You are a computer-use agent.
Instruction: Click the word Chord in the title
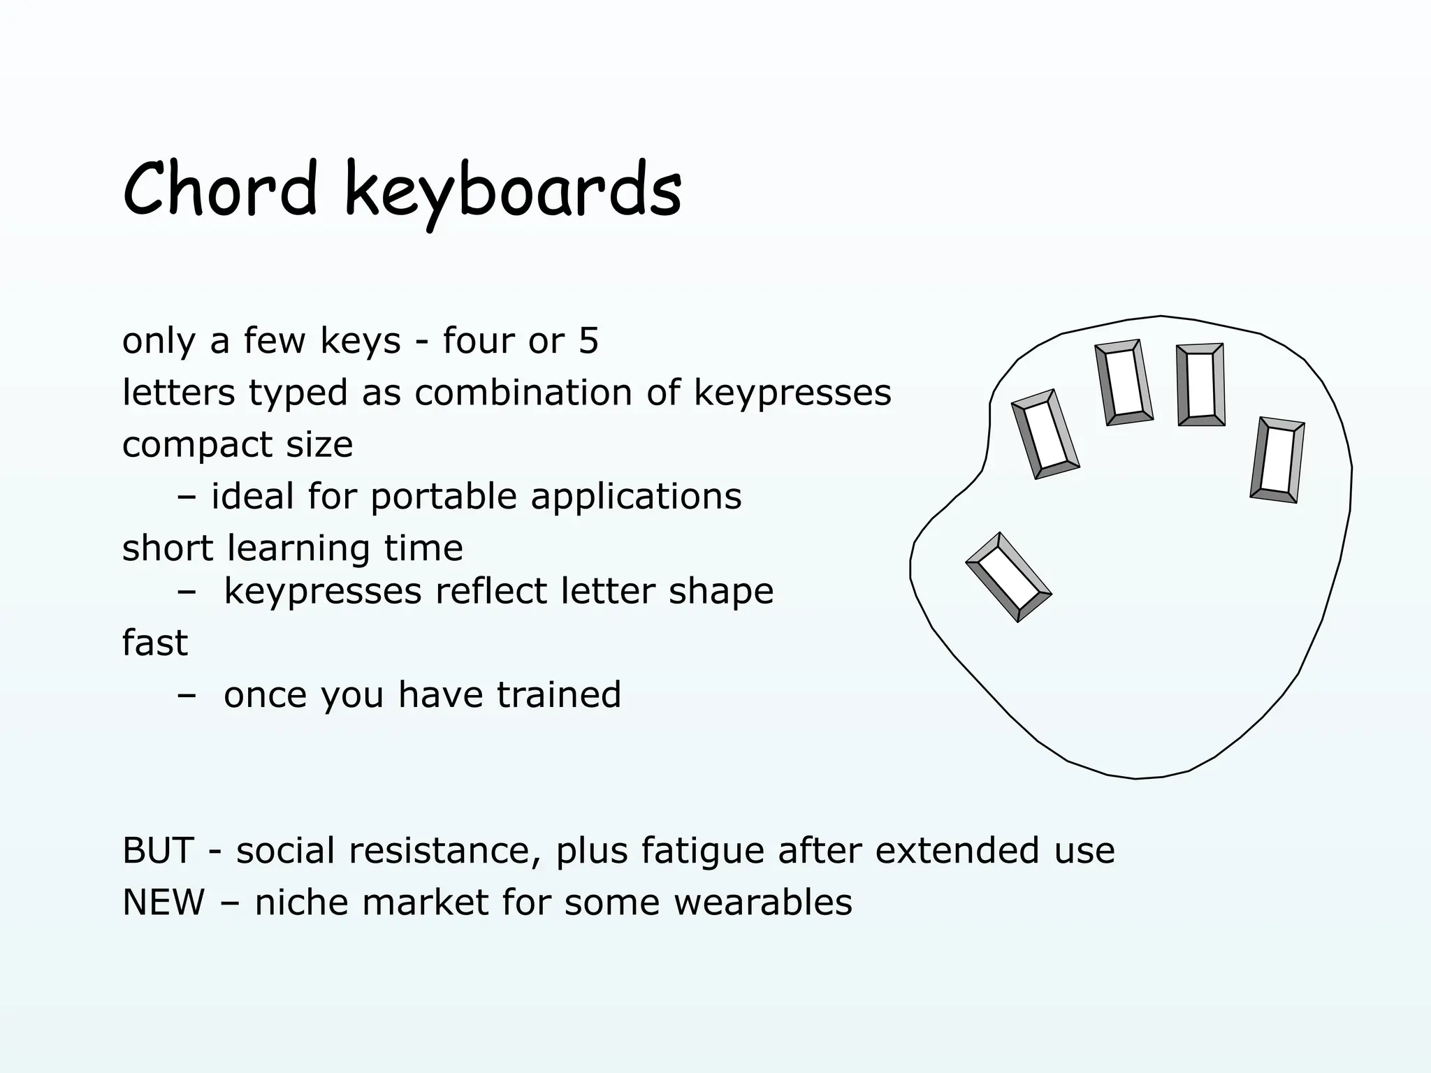pyautogui.click(x=219, y=189)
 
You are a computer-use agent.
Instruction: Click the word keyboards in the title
pyautogui.click(x=514, y=190)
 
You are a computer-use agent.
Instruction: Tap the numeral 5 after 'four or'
pyautogui.click(x=588, y=342)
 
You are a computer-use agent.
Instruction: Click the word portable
pyautogui.click(x=444, y=497)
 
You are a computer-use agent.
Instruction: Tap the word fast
pyautogui.click(x=154, y=643)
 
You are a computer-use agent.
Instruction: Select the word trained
pyautogui.click(x=558, y=695)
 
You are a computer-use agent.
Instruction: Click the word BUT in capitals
pyautogui.click(x=158, y=851)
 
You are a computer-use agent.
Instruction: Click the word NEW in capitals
pyautogui.click(x=164, y=903)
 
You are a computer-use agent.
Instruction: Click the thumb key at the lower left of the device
pyautogui.click(x=1008, y=577)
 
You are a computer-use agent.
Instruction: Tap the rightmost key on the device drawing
pyautogui.click(x=1277, y=460)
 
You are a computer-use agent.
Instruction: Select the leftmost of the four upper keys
pyautogui.click(x=1045, y=435)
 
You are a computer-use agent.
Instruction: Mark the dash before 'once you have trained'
pyautogui.click(x=187, y=696)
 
